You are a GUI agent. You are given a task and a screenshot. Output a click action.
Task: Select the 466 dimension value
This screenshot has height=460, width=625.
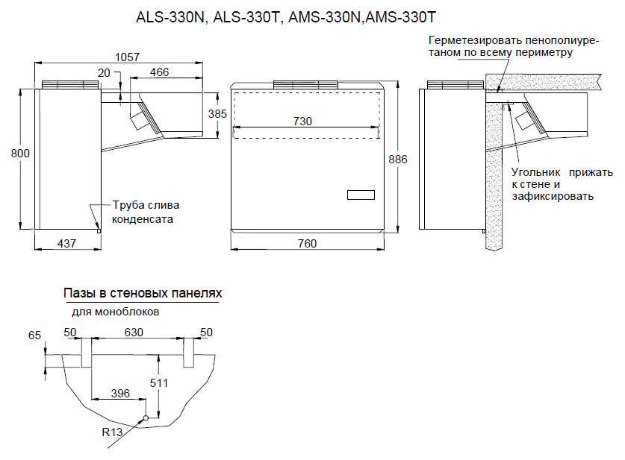click(x=158, y=72)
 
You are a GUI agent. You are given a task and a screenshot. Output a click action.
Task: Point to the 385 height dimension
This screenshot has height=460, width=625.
click(x=217, y=114)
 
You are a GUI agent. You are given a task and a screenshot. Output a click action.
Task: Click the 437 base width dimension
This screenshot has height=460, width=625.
click(x=66, y=244)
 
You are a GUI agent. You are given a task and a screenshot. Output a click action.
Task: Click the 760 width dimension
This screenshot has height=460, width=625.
click(x=307, y=244)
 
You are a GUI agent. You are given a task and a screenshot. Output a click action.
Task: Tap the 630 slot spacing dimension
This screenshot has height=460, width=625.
click(x=134, y=331)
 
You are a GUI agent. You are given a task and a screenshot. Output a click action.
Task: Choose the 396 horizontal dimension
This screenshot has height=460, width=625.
click(x=120, y=393)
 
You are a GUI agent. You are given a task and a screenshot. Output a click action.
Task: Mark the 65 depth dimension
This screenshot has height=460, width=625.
click(x=34, y=336)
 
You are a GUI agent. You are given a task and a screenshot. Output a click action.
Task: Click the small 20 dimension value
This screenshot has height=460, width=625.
click(x=104, y=72)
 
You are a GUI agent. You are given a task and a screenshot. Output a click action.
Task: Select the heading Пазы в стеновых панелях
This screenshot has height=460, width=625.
click(x=143, y=294)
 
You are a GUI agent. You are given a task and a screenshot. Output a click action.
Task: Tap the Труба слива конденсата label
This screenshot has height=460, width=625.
click(x=146, y=212)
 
